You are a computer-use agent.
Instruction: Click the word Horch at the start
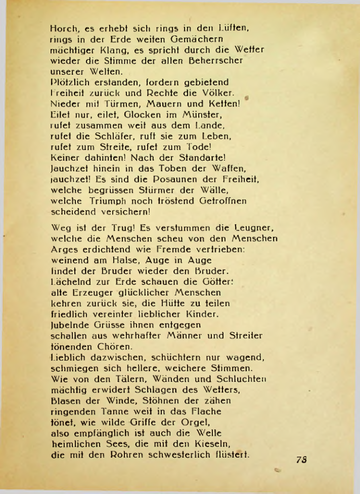[64, 29]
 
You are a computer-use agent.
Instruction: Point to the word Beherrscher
[219, 61]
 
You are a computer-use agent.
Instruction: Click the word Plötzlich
[69, 82]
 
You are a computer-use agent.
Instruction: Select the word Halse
[117, 260]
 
